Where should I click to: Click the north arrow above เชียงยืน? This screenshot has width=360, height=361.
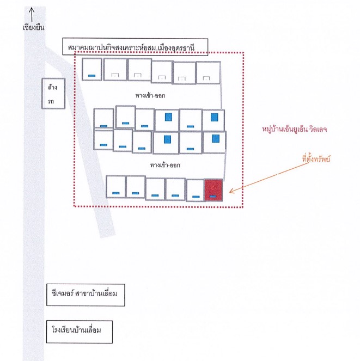[x=32, y=15]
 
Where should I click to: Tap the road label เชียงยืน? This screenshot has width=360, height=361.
[x=34, y=27]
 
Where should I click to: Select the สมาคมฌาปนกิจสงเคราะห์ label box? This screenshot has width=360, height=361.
[x=135, y=47]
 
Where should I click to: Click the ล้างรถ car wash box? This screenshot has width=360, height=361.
[x=53, y=94]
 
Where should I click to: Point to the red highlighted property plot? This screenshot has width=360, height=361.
[x=213, y=190]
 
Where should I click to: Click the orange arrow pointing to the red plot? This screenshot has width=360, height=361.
[x=269, y=178]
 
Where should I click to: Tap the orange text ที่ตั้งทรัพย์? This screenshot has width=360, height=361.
[x=316, y=158]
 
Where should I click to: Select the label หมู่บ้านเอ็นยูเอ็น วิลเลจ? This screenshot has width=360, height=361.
[x=295, y=129]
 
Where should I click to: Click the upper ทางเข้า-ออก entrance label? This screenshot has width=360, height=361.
[x=150, y=95]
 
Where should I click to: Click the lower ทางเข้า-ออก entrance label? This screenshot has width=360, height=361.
[x=165, y=165]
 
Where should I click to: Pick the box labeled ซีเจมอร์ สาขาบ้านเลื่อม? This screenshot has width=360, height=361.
[x=86, y=295]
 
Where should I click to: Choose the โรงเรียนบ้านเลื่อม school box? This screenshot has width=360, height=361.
[x=80, y=332]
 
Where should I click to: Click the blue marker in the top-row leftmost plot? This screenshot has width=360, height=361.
[x=92, y=76]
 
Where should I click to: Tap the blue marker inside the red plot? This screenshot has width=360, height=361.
[x=213, y=197]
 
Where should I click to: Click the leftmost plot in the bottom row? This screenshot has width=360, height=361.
[x=115, y=186]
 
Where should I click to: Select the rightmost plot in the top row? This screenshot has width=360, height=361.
[x=209, y=72]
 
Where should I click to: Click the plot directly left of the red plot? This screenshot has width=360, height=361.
[x=196, y=191]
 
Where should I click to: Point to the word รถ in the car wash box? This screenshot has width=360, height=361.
[x=51, y=101]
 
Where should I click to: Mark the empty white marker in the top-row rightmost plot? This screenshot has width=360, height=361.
[x=206, y=78]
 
